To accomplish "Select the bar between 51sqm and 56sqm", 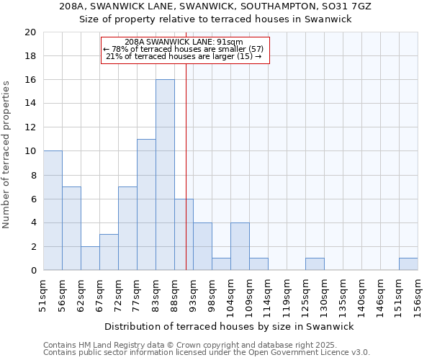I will (53, 210).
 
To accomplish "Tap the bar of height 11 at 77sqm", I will (146, 204).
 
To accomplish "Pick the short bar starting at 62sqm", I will (90, 258).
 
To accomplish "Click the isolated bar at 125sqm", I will (315, 264).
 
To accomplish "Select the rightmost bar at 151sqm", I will (408, 264).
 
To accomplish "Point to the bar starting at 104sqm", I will (240, 246).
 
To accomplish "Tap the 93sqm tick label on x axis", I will (193, 293).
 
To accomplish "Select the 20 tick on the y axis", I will (30, 32).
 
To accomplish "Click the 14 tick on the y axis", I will (30, 104).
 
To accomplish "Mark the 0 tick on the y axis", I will (33, 270).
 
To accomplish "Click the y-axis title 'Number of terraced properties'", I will (7, 154).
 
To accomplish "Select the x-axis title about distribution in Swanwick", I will (229, 326).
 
